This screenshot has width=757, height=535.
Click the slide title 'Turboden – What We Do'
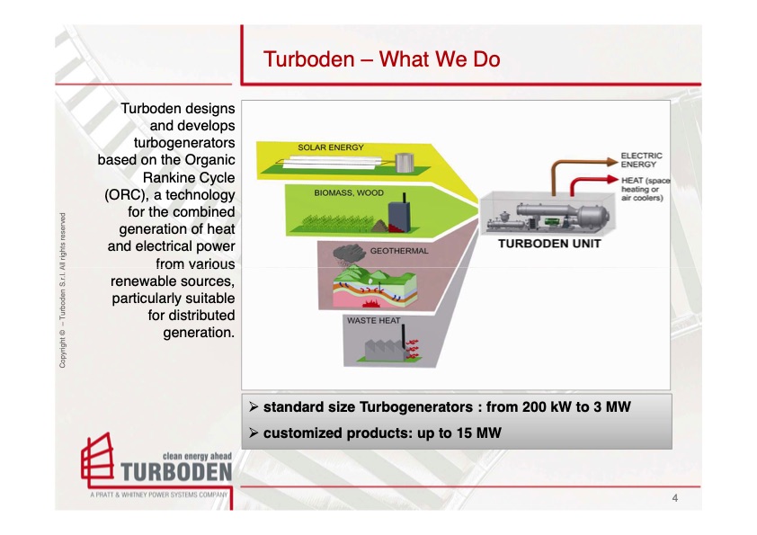point(381,60)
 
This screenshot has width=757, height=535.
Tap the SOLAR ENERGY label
point(331,146)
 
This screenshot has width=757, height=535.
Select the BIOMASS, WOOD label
point(348,193)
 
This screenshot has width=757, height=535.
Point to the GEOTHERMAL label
point(399,252)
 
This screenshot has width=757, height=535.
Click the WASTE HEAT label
point(374,319)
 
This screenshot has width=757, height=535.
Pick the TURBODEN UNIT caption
point(548,244)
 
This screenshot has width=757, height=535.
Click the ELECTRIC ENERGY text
point(642,159)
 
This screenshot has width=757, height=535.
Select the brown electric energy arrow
point(575,165)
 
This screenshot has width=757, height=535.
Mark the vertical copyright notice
point(62,290)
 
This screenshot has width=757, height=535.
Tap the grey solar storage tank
point(405,163)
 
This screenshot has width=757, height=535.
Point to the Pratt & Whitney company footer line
point(158,495)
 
